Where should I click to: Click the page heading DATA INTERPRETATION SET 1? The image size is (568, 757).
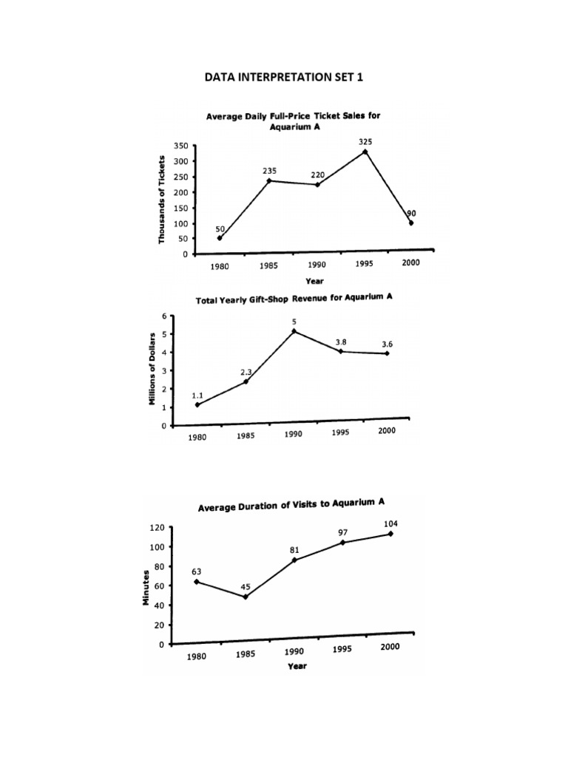point(285,77)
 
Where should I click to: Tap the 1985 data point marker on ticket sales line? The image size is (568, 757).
point(269,180)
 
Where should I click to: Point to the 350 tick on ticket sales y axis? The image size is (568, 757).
point(180,146)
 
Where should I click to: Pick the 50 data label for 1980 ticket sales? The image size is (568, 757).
point(220,229)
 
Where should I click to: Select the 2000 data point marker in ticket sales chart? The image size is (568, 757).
point(411,223)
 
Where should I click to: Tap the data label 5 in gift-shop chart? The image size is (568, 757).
point(294,322)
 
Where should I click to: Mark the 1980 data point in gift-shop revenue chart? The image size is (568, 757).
point(197,404)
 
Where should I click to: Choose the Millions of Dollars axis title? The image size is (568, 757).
point(152,367)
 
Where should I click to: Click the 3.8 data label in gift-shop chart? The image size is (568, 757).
point(341,342)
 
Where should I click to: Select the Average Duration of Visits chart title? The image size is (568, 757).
point(291,505)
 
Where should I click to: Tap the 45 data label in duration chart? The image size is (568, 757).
point(246,587)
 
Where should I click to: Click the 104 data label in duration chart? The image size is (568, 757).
point(391,523)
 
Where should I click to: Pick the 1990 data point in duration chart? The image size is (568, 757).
point(294,560)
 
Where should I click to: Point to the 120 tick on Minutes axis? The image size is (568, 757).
point(157,528)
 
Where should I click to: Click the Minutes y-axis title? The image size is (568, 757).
point(146,588)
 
